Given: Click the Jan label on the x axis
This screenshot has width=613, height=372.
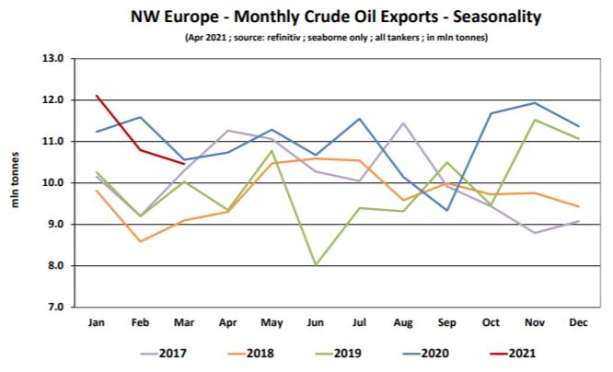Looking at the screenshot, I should [x=96, y=323].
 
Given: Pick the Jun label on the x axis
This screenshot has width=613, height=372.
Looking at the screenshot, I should [x=316, y=323].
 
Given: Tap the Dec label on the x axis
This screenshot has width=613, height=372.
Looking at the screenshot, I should [x=579, y=323].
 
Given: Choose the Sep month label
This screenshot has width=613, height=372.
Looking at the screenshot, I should [x=447, y=323].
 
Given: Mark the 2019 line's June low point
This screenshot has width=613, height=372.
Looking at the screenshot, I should [x=316, y=265].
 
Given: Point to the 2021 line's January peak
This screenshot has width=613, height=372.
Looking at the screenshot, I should [x=96, y=96].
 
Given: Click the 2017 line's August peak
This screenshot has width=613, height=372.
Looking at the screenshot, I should [x=403, y=123].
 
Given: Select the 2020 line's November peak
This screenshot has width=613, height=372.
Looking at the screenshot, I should [x=536, y=103].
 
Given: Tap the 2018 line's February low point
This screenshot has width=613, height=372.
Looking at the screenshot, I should [x=140, y=241].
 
